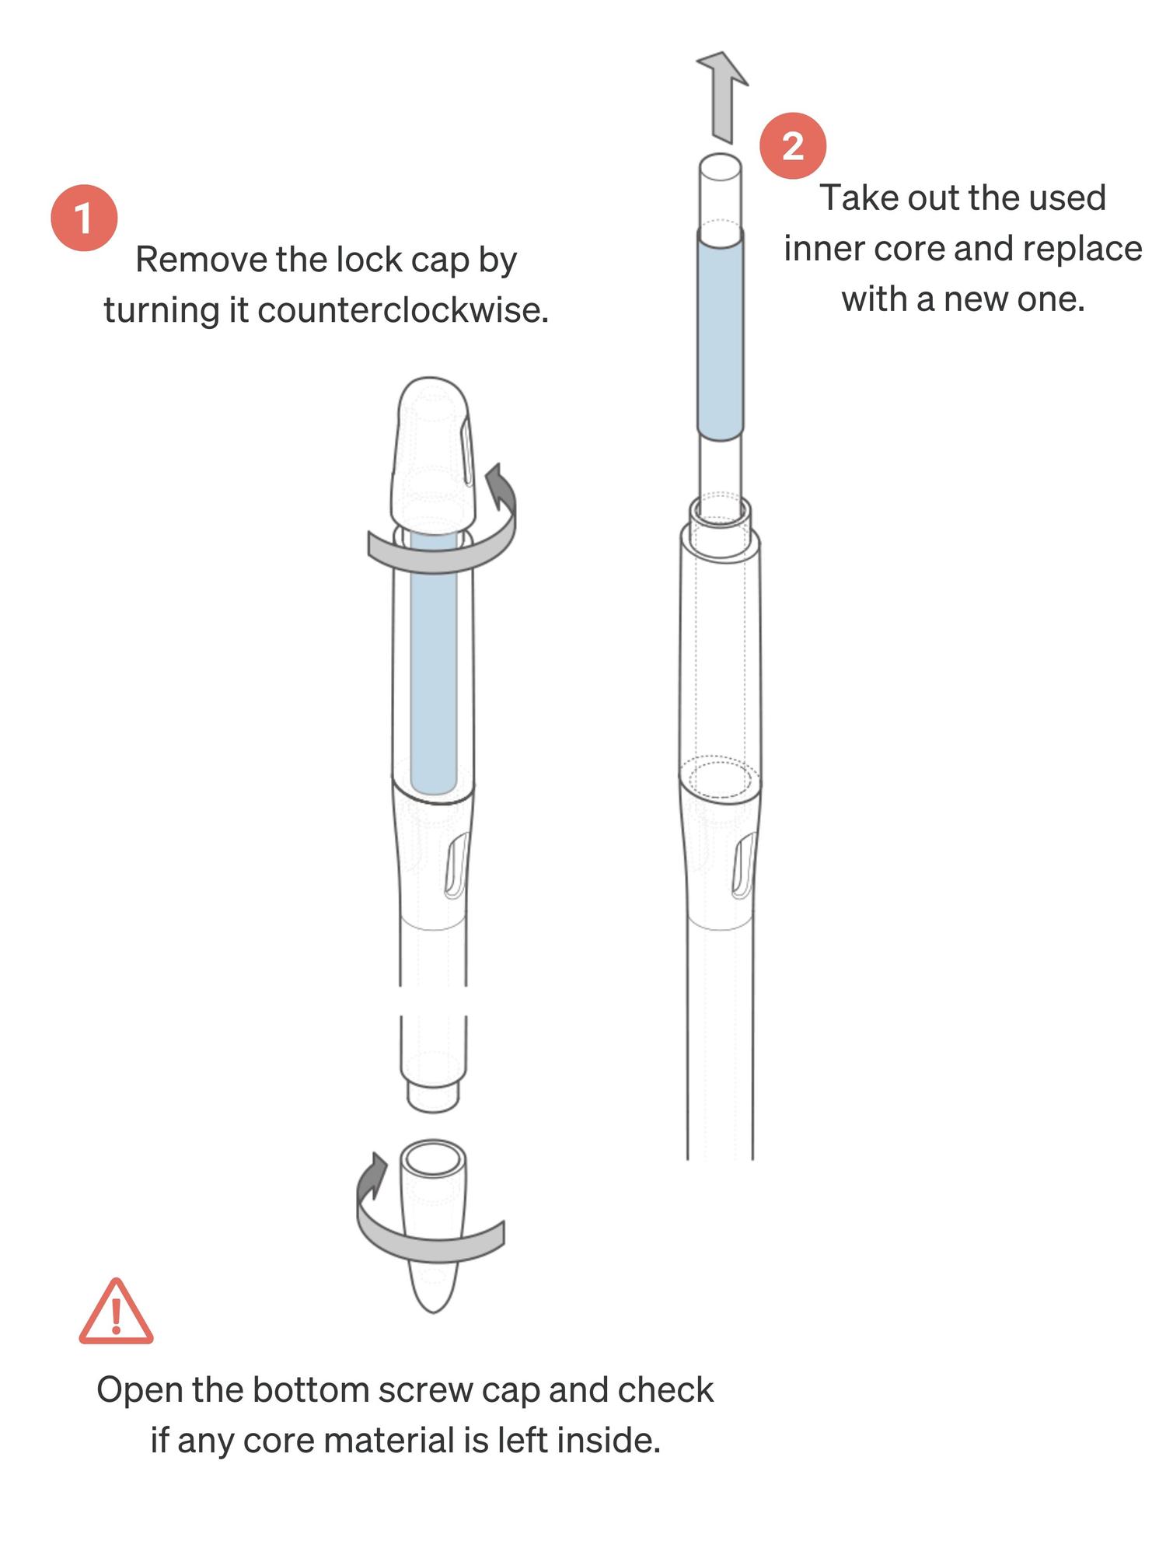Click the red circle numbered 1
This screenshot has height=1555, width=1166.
tap(84, 218)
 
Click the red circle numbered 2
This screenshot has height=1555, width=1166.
tap(792, 145)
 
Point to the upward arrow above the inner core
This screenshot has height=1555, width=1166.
tap(723, 97)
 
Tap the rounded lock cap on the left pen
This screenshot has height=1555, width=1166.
tap(434, 455)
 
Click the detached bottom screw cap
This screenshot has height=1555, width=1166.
tap(434, 1225)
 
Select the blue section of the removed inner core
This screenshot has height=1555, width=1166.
tap(721, 341)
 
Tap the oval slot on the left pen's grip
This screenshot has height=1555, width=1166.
tap(456, 865)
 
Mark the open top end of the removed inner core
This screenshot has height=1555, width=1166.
tap(720, 166)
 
